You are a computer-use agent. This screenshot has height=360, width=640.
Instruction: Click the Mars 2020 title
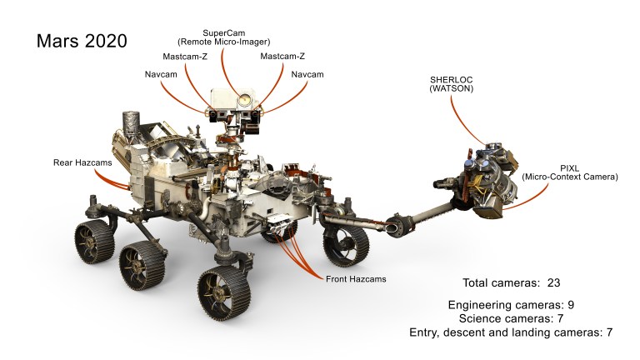[x=81, y=42]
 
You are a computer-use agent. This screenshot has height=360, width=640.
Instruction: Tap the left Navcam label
[x=159, y=74]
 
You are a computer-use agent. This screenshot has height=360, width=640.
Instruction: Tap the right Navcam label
[x=308, y=74]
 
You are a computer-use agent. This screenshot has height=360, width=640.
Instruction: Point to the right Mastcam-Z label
[x=282, y=56]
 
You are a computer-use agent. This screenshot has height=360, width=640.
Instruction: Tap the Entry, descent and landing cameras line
[x=511, y=332]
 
